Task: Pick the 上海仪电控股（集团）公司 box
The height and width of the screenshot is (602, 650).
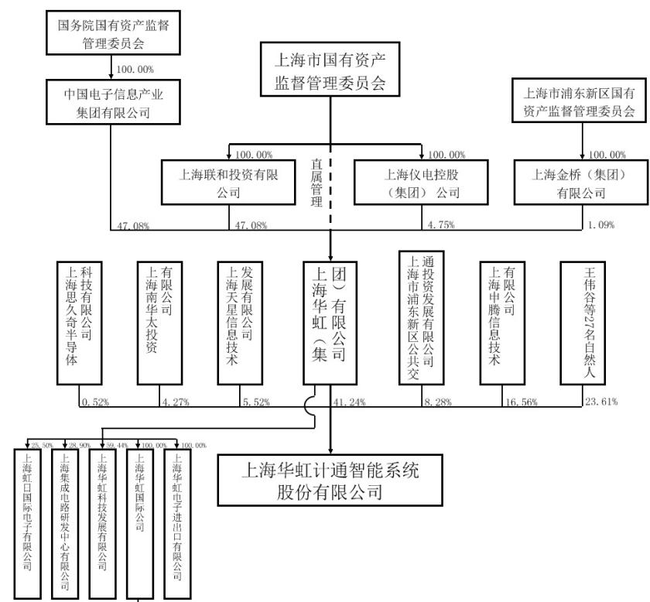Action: pos(424,183)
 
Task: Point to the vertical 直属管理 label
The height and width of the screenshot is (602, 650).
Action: pos(316,183)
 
